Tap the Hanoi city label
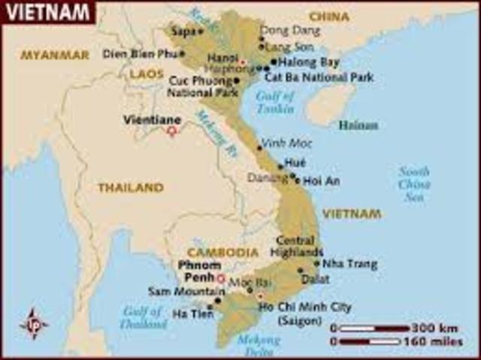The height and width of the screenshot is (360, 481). tap(222, 57)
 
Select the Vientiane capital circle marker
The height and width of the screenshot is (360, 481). tap(171, 131)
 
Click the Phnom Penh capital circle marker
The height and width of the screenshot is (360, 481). tap(220, 278)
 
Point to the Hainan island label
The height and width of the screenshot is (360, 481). tap(358, 125)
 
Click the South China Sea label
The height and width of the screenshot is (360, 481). tap(414, 184)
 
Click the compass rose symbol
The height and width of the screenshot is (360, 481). tap(34, 324)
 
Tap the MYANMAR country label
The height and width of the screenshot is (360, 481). tap(54, 55)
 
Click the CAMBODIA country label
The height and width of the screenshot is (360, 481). tap(222, 253)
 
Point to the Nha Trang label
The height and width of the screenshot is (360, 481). tap(350, 265)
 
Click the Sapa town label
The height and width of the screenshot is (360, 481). tap(182, 32)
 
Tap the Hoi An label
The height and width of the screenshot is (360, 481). tap(321, 180)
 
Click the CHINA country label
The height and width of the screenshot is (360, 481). tap(328, 17)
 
